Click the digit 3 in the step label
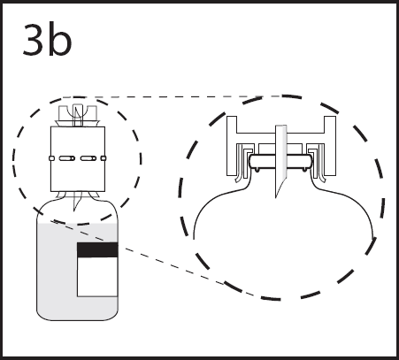[x=34, y=40]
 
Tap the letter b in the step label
[x=60, y=38]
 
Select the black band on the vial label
[x=97, y=250]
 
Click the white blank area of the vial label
[x=97, y=277]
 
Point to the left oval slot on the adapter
[x=67, y=158]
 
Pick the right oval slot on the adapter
[x=88, y=158]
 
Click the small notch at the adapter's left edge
[x=51, y=158]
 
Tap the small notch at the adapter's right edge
[x=104, y=158]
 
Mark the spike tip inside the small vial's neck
[x=74, y=210]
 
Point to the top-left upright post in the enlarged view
[x=232, y=124]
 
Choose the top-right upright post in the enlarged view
[x=330, y=124]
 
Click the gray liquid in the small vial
[x=56, y=272]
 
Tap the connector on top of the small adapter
[x=78, y=115]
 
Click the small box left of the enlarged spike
[x=266, y=149]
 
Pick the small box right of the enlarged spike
[x=295, y=149]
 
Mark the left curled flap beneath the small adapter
[x=61, y=195]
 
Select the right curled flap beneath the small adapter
[x=94, y=195]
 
